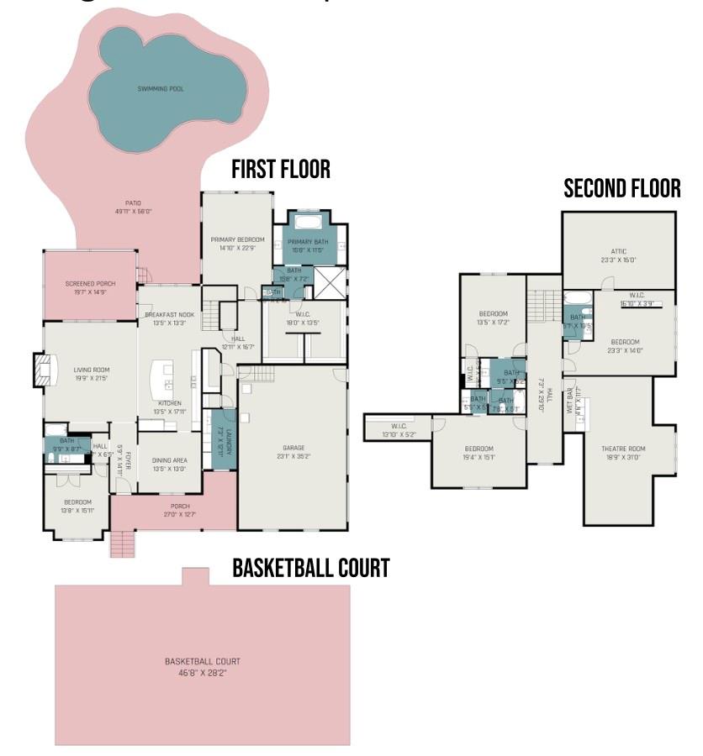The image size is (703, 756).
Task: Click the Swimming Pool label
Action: click(x=161, y=88)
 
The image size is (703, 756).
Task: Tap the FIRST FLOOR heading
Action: click(x=281, y=171)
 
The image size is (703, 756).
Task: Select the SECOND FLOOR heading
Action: click(x=621, y=189)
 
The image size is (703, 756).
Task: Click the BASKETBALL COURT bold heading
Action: click(x=310, y=569)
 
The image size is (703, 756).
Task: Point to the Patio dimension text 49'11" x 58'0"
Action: click(x=133, y=212)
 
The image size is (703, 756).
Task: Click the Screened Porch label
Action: click(x=90, y=284)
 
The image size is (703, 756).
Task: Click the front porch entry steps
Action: click(x=123, y=544)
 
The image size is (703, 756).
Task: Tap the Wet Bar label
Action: click(x=570, y=402)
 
